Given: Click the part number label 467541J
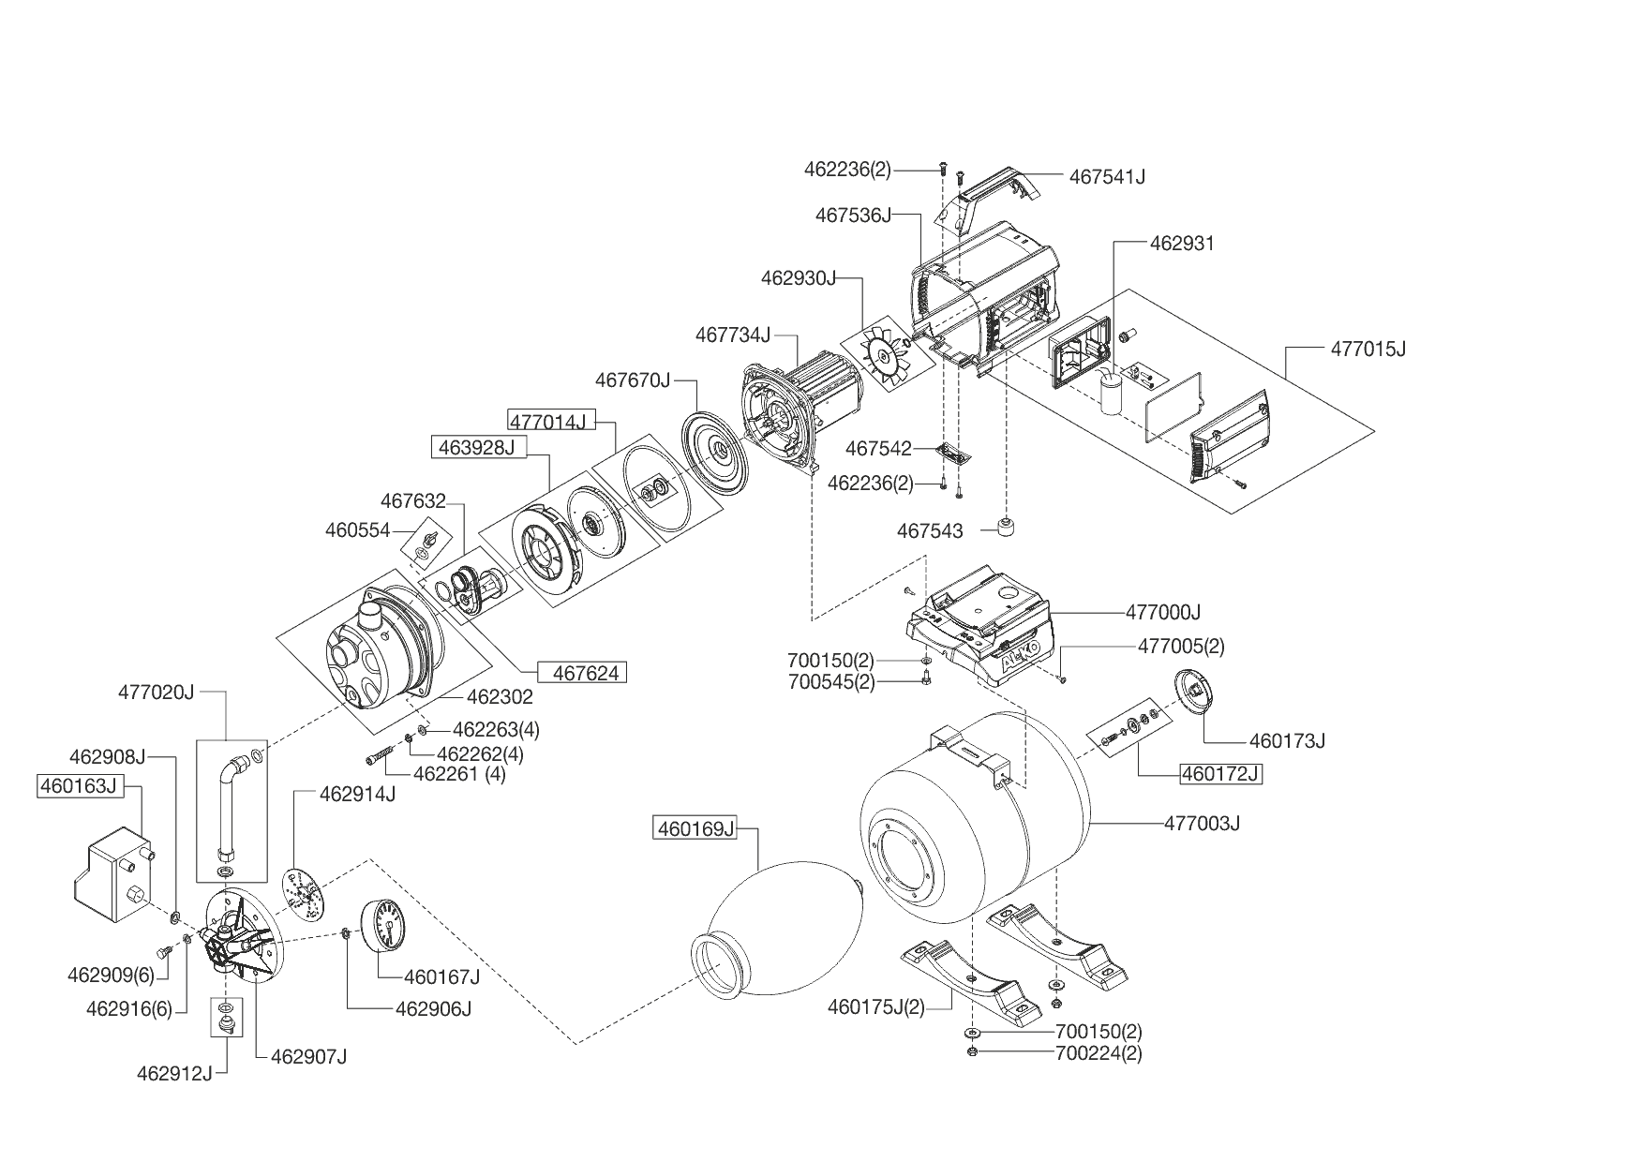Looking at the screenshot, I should pyautogui.click(x=1107, y=176).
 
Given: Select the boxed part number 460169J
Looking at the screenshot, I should pyautogui.click(x=695, y=828).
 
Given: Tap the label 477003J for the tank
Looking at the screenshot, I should pyautogui.click(x=1202, y=824).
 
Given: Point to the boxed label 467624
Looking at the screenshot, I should pyautogui.click(x=581, y=673).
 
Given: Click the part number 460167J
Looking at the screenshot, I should pyautogui.click(x=441, y=977).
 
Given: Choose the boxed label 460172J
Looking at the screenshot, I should pyautogui.click(x=1219, y=774).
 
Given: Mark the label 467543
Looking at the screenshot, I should pyautogui.click(x=930, y=531).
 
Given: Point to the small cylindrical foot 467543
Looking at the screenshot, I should pyautogui.click(x=1007, y=529).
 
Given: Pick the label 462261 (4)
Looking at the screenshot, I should pyautogui.click(x=459, y=774).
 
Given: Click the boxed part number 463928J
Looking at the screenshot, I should pyautogui.click(x=478, y=447).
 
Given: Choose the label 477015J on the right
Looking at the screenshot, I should pyautogui.click(x=1368, y=350).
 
